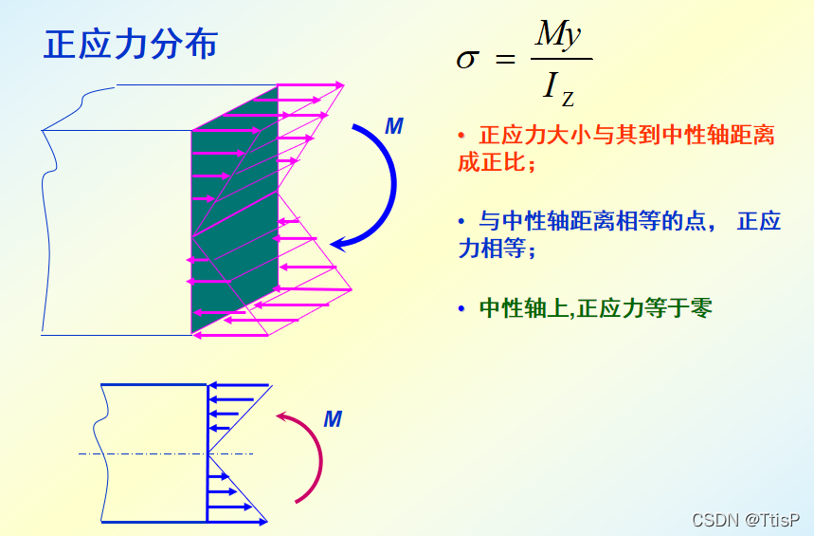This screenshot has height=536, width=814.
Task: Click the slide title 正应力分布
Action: [131, 45]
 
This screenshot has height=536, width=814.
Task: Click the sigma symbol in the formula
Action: [467, 60]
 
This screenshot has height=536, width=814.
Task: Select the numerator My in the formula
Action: [557, 35]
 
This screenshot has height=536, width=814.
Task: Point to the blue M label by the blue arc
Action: [394, 127]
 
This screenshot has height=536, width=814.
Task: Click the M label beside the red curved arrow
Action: [332, 418]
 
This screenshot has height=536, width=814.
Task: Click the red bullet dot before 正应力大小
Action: [461, 136]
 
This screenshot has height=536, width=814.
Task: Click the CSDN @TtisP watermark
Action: [745, 520]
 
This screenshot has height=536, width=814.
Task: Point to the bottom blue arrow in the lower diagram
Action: [237, 521]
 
